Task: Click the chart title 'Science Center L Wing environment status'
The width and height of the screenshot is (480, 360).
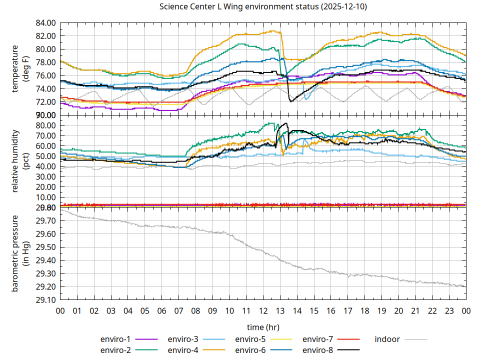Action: pos(263,7)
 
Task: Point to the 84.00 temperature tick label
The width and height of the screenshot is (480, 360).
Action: pos(45,23)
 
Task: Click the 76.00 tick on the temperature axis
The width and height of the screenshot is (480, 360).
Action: pos(45,75)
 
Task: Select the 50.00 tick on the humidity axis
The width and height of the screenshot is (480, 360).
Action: pos(45,156)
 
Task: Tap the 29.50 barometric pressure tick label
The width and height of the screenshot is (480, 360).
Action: pos(45,247)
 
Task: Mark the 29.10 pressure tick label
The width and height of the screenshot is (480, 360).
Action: pos(45,299)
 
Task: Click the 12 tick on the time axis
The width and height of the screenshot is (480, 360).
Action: pos(263,311)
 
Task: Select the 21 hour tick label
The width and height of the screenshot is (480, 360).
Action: pos(415,311)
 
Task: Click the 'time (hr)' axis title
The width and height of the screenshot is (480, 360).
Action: pos(263,327)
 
